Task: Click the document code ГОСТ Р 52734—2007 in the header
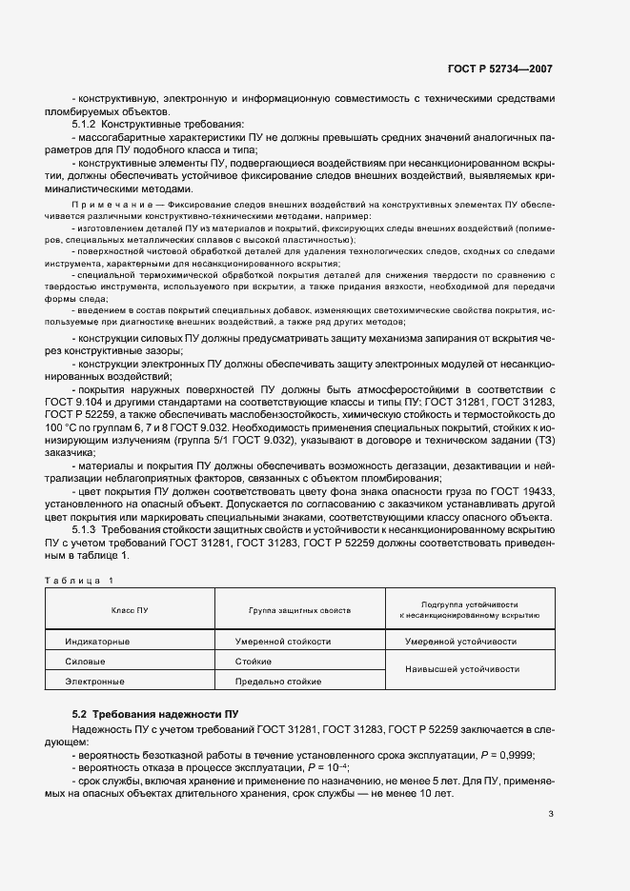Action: coord(499,69)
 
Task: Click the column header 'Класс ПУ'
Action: coord(130,609)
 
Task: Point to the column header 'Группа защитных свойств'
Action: coord(300,609)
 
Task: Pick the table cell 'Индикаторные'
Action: coord(97,642)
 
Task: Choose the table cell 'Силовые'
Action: coord(85,662)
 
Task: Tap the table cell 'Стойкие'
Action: coord(253,662)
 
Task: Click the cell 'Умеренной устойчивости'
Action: coord(461,642)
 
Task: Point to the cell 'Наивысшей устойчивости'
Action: coord(462,669)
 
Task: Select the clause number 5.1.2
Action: coord(84,125)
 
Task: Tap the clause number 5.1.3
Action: coord(84,528)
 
